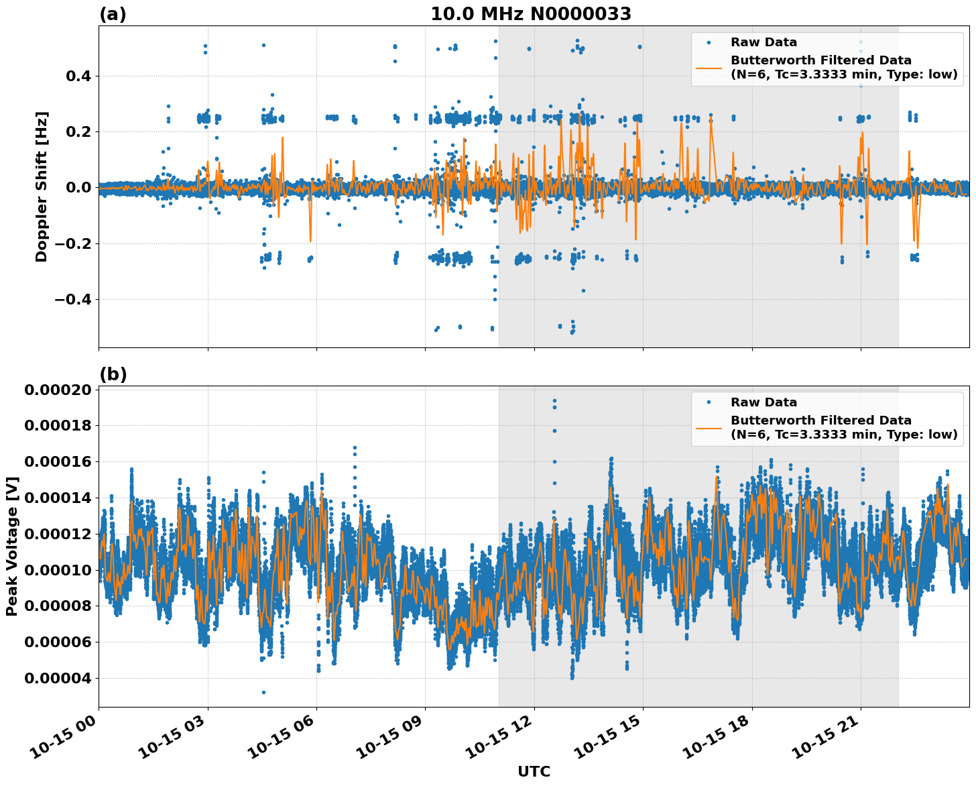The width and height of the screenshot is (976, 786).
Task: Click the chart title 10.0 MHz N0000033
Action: tap(530, 14)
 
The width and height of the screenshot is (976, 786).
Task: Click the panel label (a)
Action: tap(113, 14)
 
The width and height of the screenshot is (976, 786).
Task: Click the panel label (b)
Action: tap(113, 374)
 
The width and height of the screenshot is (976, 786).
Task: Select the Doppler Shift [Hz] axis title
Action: tap(42, 186)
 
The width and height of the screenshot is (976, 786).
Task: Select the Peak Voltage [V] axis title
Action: tap(12, 546)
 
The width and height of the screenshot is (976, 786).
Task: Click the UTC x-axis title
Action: tap(534, 771)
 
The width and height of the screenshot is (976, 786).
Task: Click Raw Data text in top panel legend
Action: tap(764, 42)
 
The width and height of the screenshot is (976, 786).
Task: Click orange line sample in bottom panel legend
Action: tap(709, 427)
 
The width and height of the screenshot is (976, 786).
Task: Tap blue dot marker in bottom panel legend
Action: tap(709, 402)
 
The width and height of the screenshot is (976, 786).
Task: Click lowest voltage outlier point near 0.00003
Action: tap(263, 692)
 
